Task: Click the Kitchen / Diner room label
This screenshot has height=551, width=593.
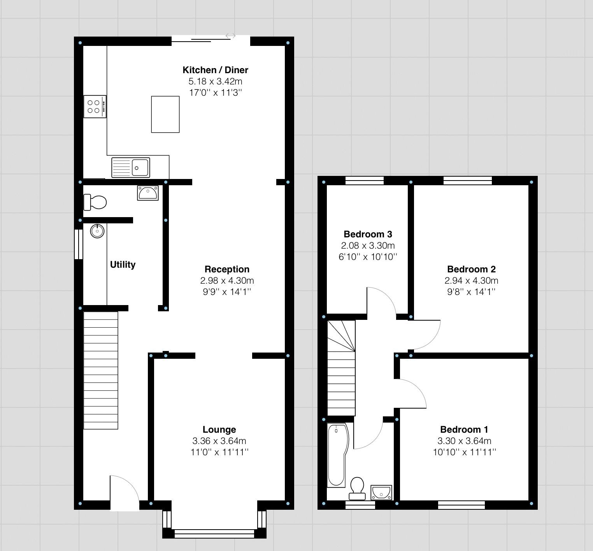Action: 215,70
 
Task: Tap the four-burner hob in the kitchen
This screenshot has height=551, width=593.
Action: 95,107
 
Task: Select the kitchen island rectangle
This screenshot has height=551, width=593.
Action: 165,114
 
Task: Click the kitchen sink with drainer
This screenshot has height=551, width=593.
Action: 131,167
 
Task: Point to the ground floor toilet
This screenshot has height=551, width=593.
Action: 95,202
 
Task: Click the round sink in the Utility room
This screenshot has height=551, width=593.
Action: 97,231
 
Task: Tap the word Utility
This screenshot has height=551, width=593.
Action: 123,265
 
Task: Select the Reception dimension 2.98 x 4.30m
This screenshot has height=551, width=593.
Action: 227,281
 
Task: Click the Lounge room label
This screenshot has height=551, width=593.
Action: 219,430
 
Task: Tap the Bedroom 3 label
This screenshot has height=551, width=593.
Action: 368,234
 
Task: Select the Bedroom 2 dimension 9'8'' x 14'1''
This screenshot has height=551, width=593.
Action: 471,292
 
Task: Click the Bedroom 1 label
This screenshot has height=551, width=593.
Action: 464,430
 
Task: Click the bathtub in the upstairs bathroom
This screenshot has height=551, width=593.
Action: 337,455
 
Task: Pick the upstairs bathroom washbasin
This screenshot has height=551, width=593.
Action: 381,492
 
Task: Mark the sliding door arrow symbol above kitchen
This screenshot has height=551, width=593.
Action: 230,36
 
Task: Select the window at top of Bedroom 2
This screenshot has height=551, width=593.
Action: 467,180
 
